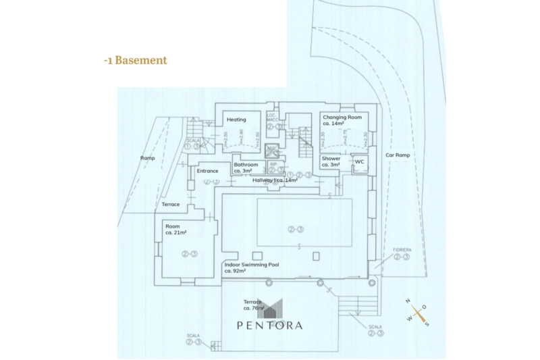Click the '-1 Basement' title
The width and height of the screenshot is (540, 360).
pos(135,60)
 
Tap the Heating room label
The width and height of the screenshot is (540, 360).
pos(236,120)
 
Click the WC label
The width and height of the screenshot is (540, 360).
pos(360,161)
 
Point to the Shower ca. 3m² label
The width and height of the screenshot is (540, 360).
pos(331,161)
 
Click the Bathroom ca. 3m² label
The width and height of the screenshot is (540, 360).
pos(246,168)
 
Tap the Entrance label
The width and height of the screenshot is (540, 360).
pos(207,171)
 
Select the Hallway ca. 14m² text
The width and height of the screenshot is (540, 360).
pos(275,180)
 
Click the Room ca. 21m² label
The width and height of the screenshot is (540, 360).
pos(175,230)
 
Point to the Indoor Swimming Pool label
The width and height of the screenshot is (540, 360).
pos(251,267)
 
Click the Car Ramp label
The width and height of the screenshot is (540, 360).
pos(398,155)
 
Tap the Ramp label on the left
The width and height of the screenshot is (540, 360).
pos(147,158)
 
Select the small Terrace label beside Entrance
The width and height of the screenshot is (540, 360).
pos(171,204)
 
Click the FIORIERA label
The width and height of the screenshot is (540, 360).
pos(402,250)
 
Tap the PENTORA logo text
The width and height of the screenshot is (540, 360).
pos(269,325)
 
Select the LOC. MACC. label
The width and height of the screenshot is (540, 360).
pos(273,117)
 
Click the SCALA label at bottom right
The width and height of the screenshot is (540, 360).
pos(375,326)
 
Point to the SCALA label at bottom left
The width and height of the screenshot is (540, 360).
pos(194,336)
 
